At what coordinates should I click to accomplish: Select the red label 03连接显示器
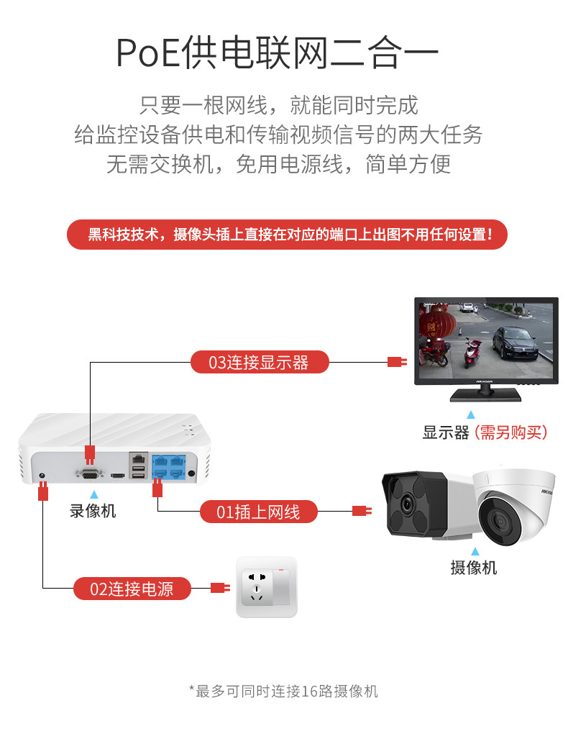[x=259, y=362]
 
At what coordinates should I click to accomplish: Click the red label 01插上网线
[x=258, y=512]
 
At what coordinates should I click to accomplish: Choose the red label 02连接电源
[x=132, y=589]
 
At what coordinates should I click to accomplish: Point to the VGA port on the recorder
[x=90, y=473]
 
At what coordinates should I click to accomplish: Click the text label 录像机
[x=93, y=512]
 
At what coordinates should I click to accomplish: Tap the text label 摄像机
[x=473, y=568]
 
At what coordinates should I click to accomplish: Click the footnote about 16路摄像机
[x=283, y=691]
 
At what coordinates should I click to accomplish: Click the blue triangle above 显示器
[x=471, y=415]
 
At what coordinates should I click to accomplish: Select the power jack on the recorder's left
[x=42, y=476]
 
